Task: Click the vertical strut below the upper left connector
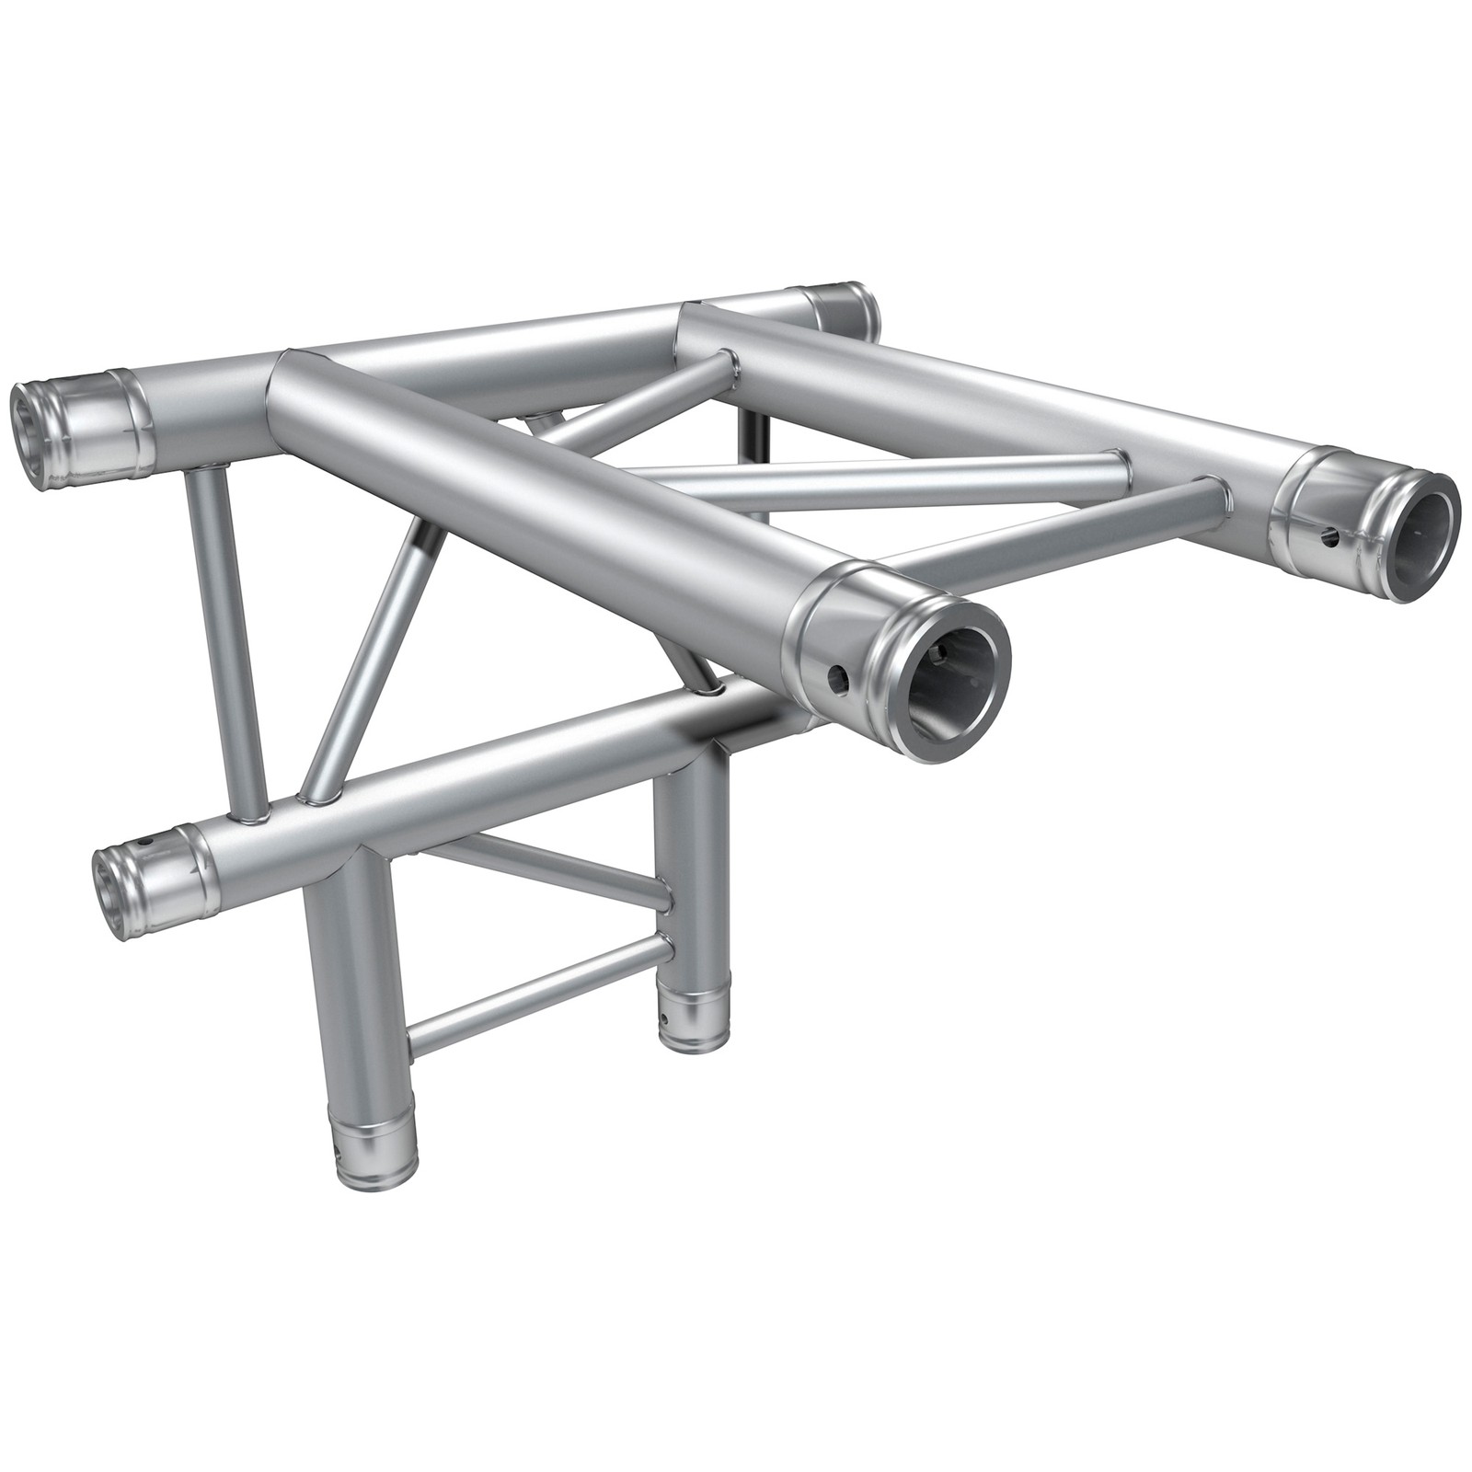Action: (225, 635)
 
